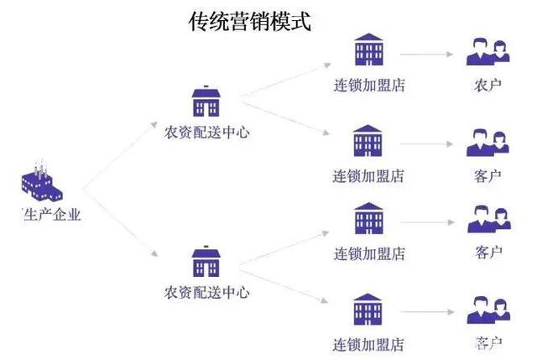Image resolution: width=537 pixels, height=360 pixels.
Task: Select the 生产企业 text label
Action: point(53,215)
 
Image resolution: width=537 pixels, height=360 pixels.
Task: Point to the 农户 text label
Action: point(487,85)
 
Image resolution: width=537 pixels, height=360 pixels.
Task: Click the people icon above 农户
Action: point(487,52)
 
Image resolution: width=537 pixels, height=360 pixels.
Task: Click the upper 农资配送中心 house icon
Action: point(206,102)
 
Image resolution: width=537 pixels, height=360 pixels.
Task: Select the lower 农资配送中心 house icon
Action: point(206,262)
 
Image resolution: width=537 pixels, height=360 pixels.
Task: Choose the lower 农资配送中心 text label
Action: point(206,293)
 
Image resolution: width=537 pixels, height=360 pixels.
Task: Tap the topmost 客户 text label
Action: point(487,176)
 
